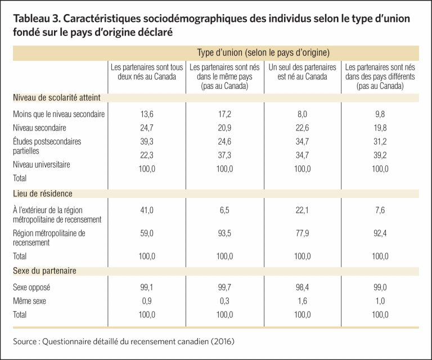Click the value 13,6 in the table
tap(147, 114)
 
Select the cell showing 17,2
tap(224, 114)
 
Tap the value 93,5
tap(224, 233)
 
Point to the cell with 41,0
tap(147, 210)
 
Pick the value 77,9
tap(302, 233)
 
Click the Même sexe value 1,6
tap(302, 301)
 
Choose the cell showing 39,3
tap(147, 142)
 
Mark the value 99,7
tap(224, 287)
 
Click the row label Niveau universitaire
tap(41, 164)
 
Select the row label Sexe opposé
tap(31, 287)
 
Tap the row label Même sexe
tap(29, 301)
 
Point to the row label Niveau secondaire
tap(39, 128)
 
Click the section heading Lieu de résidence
tap(43, 193)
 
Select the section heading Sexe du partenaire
tap(44, 271)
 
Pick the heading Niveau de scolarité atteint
tap(57, 97)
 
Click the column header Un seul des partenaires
tap(302, 67)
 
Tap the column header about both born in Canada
tap(147, 71)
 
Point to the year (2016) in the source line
tap(223, 341)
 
